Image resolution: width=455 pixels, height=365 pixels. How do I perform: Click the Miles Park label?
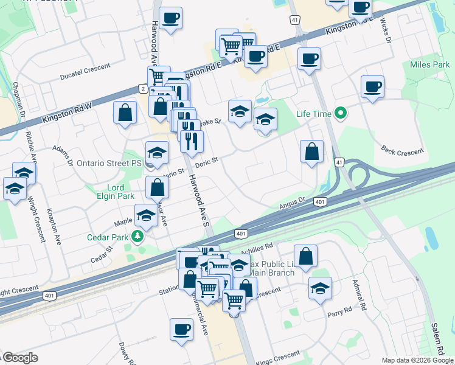click(x=429, y=64)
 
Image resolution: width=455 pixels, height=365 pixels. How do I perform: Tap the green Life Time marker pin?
click(x=341, y=114)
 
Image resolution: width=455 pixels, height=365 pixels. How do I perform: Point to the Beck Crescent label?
click(x=401, y=149)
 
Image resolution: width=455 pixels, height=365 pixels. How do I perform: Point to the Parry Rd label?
click(x=339, y=310)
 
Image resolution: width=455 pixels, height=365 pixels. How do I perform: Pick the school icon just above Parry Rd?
click(x=319, y=288)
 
